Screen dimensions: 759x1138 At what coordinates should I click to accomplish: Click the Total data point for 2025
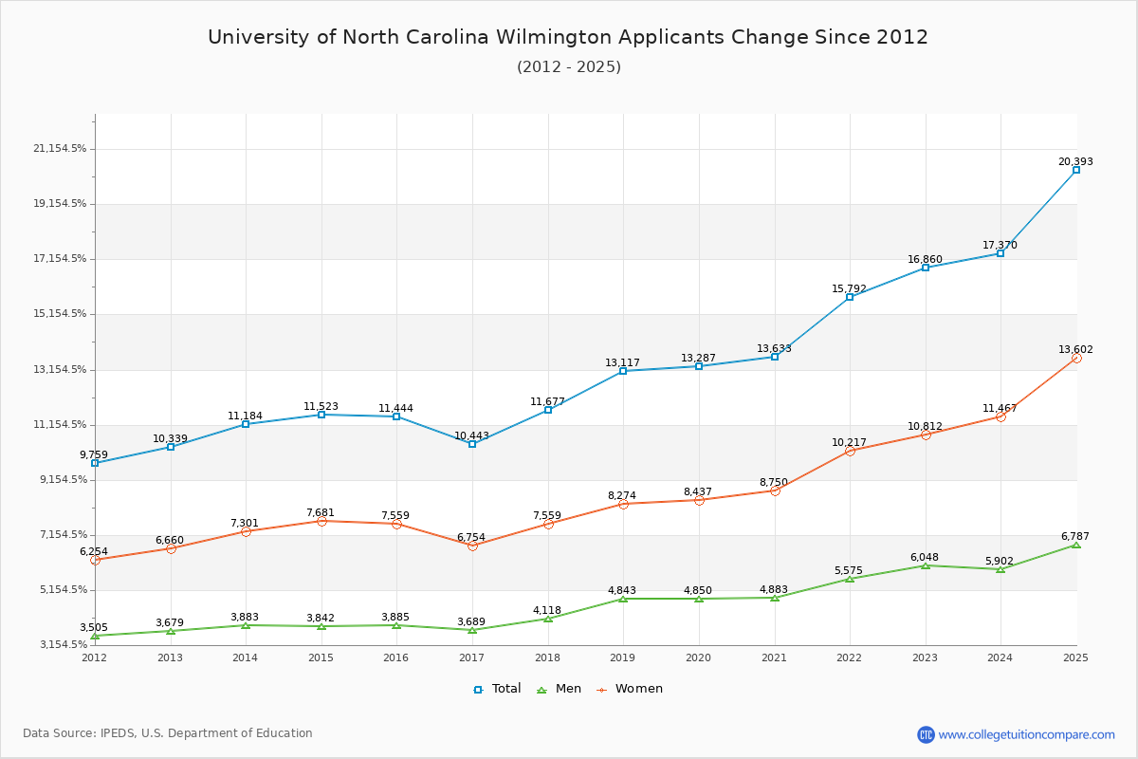pos(1076,170)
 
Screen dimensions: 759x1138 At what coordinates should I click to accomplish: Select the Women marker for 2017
pos(472,546)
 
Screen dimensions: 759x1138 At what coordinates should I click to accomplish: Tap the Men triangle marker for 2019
pos(623,599)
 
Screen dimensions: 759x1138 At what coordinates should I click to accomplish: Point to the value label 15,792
pos(850,288)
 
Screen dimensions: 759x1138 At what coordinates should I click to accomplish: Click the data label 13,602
pos(1075,349)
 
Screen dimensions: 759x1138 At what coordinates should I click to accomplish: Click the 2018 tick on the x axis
pos(547,657)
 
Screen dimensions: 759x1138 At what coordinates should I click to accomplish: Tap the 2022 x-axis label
pos(850,657)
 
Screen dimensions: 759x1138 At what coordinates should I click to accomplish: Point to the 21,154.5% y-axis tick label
pos(60,149)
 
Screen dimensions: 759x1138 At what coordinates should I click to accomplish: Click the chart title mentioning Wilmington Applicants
pos(568,37)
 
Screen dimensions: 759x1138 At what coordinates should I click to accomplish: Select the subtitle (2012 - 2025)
pos(568,67)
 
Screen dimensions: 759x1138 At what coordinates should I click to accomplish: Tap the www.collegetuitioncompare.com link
pos(1026,734)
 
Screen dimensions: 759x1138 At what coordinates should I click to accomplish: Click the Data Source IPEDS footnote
pos(168,733)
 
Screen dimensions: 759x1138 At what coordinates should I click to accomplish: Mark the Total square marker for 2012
pos(95,463)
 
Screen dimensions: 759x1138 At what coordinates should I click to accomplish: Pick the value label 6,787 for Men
pos(1075,536)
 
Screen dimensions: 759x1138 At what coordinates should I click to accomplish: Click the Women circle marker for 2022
pos(850,451)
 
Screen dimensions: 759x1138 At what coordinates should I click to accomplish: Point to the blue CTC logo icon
pos(926,734)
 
